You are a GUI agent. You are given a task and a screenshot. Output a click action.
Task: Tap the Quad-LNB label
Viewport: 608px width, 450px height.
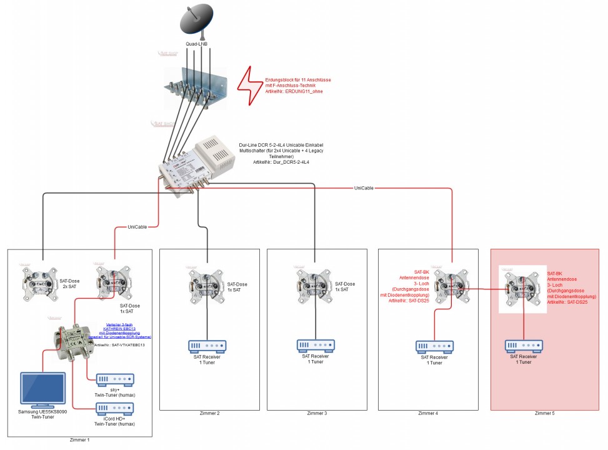pos(197,44)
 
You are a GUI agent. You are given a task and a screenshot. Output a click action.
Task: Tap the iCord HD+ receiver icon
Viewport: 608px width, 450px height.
pos(115,409)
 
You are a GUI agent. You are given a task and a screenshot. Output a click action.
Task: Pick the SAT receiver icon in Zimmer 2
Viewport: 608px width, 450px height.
pos(207,346)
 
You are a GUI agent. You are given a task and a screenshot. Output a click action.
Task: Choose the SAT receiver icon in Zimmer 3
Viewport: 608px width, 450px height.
pos(316,346)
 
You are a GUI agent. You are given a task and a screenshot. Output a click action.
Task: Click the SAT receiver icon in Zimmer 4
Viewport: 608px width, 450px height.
pos(434,346)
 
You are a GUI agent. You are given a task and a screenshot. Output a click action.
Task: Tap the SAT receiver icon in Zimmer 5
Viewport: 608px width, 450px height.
pos(524,346)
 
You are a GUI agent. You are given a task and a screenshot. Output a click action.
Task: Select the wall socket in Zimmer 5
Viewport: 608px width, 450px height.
pos(523,288)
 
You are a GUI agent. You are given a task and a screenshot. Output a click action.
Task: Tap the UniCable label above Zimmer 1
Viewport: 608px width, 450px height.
pos(137,227)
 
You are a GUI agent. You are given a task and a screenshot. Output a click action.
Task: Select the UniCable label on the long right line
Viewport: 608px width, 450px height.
pos(364,187)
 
